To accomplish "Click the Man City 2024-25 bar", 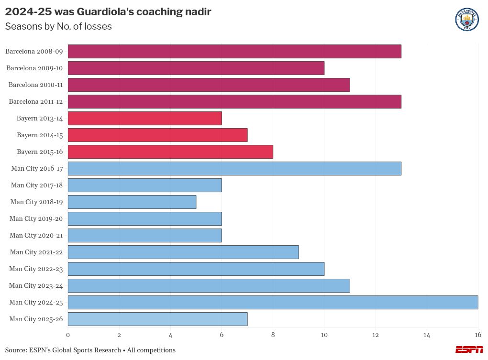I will [273, 302].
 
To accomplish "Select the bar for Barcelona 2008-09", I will [234, 51].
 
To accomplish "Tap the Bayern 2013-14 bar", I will [144, 118].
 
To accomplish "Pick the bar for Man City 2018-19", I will [132, 202].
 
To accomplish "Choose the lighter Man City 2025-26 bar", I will [157, 319].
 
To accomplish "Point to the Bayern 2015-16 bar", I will [170, 152].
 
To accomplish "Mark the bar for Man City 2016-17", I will [234, 168].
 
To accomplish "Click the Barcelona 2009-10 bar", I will [196, 68].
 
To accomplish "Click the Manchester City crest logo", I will [467, 20].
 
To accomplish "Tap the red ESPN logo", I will [469, 350].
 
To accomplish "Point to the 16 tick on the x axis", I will [477, 335].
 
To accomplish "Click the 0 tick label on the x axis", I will [68, 335].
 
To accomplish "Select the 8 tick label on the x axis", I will [273, 335].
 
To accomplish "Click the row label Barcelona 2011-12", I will [36, 101].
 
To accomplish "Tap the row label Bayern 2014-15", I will [40, 135].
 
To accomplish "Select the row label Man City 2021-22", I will [36, 252].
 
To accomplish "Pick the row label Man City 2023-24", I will [36, 285].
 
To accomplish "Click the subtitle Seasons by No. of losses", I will [58, 27].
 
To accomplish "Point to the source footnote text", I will [90, 350].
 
